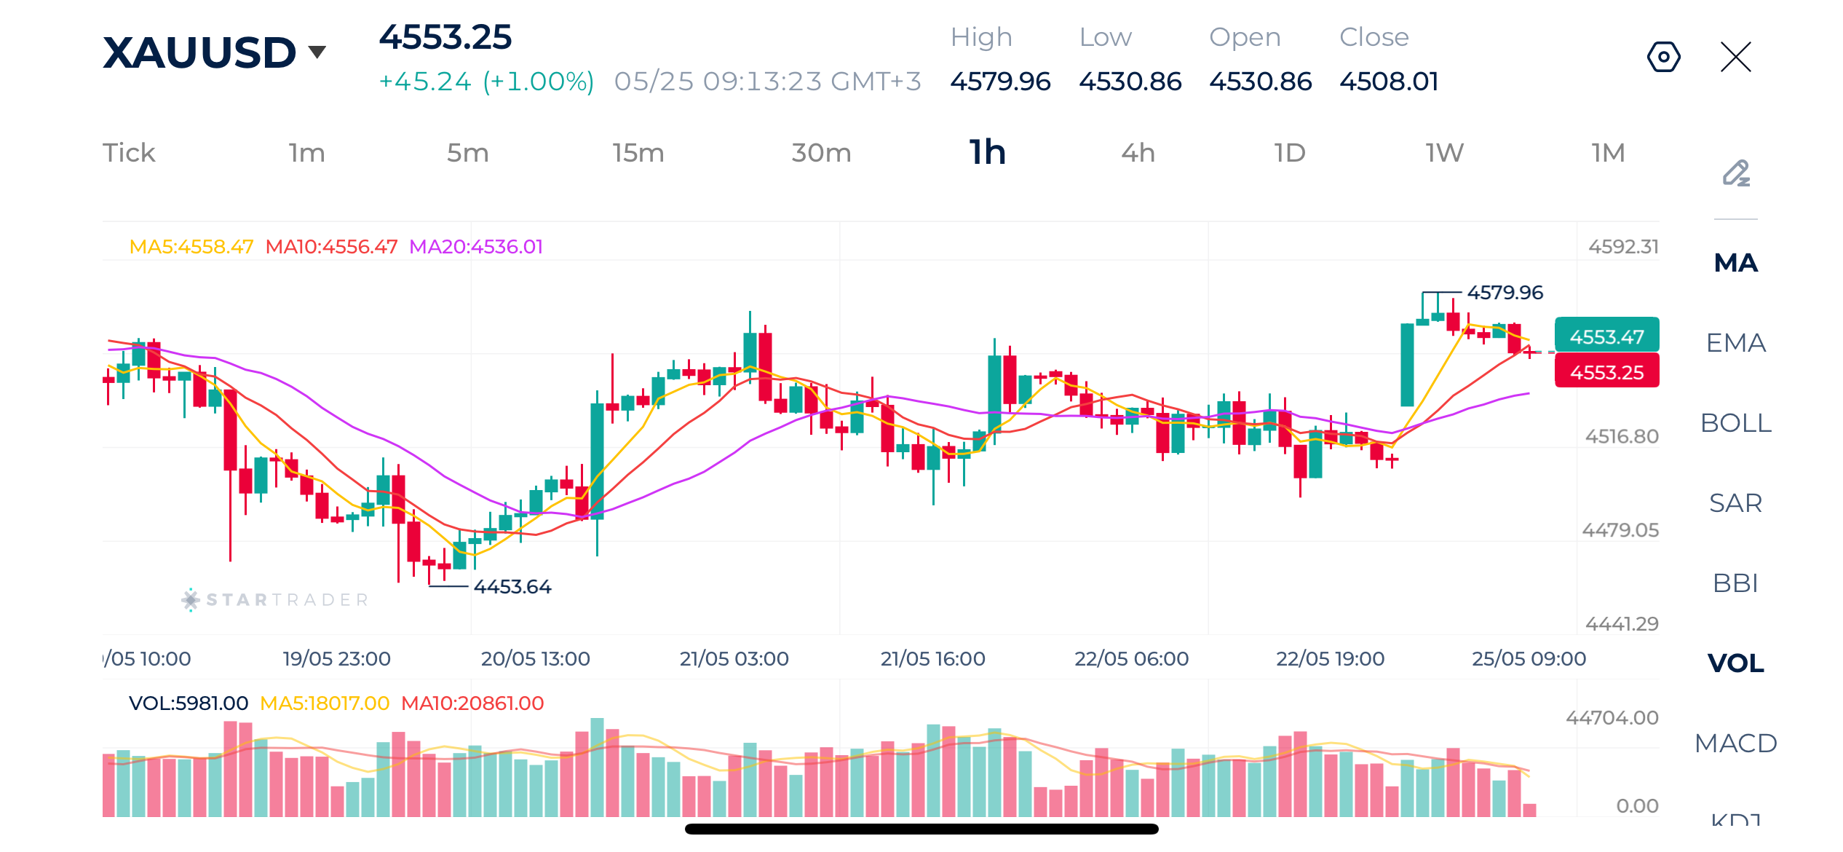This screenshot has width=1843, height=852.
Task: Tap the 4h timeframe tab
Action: pyautogui.click(x=1138, y=153)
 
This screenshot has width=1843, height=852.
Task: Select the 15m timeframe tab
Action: pyautogui.click(x=638, y=153)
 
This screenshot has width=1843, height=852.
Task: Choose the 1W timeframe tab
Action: pyautogui.click(x=1445, y=153)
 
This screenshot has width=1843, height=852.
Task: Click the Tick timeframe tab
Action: pyautogui.click(x=129, y=153)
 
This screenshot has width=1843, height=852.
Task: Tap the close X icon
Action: pyautogui.click(x=1736, y=57)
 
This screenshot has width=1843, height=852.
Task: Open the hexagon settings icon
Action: pyautogui.click(x=1664, y=57)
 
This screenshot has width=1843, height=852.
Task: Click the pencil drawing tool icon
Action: pyautogui.click(x=1736, y=173)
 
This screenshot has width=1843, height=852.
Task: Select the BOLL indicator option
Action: pyautogui.click(x=1736, y=423)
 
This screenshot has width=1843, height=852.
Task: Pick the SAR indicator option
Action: pyautogui.click(x=1736, y=503)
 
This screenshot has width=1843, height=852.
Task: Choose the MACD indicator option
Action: pyautogui.click(x=1736, y=743)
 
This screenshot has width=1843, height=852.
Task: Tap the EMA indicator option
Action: pyautogui.click(x=1736, y=343)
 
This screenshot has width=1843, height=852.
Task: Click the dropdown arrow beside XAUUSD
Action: pyautogui.click(x=317, y=52)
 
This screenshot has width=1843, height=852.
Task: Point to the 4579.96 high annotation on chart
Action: pyautogui.click(x=1505, y=293)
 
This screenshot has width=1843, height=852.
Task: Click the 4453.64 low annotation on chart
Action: pyautogui.click(x=512, y=587)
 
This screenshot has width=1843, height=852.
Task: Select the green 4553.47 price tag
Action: pyautogui.click(x=1607, y=336)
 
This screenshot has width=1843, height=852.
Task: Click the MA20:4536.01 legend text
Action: pyautogui.click(x=476, y=247)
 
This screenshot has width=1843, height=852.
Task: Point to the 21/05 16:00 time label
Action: pyautogui.click(x=932, y=659)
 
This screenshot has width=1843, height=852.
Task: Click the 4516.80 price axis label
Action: pyautogui.click(x=1622, y=436)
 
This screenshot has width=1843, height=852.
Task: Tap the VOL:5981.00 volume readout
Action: pyautogui.click(x=189, y=703)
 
